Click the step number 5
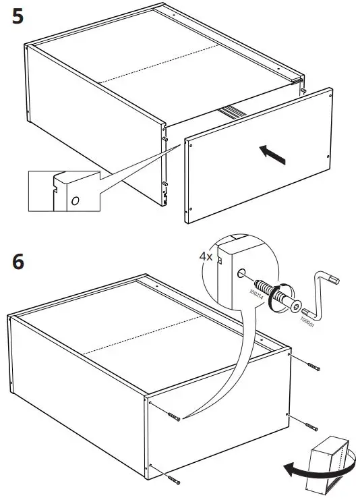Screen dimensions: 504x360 (18, 16)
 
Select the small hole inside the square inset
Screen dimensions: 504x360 (75, 200)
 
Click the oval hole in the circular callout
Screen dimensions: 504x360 (240, 275)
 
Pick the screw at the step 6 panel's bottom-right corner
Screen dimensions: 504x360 (311, 426)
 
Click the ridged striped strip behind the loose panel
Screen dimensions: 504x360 (232, 111)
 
